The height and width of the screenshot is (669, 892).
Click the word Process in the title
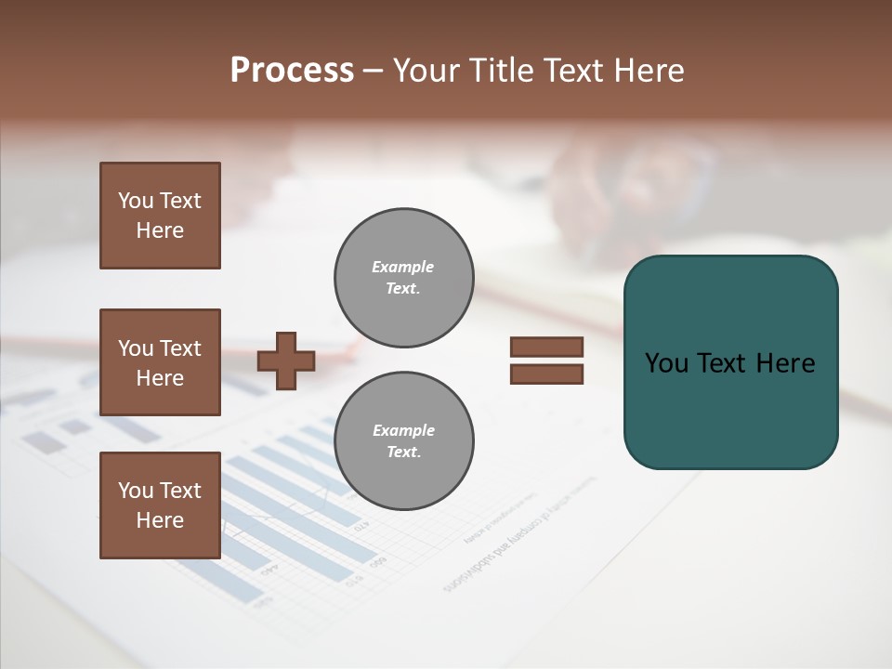click(x=292, y=71)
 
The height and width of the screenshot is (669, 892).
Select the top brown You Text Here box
click(x=160, y=216)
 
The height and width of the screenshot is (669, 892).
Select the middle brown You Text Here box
click(x=160, y=362)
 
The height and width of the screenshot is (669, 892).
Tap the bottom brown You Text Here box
click(x=160, y=505)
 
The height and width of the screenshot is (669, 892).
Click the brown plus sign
click(x=286, y=361)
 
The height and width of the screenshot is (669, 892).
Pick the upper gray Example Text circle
click(x=403, y=278)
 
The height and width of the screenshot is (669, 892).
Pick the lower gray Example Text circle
click(x=403, y=441)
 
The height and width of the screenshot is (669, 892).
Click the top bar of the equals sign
click(x=546, y=348)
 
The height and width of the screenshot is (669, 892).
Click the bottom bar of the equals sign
click(x=546, y=374)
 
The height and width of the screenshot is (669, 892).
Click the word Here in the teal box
click(x=785, y=363)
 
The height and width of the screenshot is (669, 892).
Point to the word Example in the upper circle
click(x=402, y=267)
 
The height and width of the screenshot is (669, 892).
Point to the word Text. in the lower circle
click(x=403, y=453)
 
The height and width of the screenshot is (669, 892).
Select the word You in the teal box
click(x=666, y=363)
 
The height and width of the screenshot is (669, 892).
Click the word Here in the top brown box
click(x=160, y=230)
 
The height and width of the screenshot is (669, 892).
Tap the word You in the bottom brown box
click(x=136, y=491)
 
